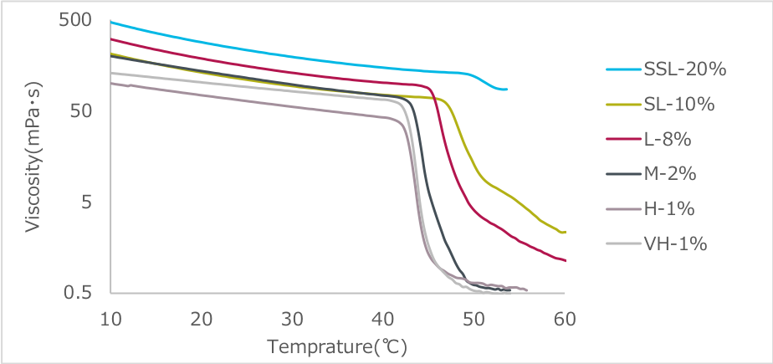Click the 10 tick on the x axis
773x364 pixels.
coord(110,319)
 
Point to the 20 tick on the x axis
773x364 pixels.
coord(201,319)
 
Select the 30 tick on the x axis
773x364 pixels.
coord(292,319)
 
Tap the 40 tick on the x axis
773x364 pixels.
coord(383,319)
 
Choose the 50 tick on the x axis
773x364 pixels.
coord(474,319)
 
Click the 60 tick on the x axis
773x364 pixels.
coord(565,319)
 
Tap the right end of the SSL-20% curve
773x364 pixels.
coord(507,89)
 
